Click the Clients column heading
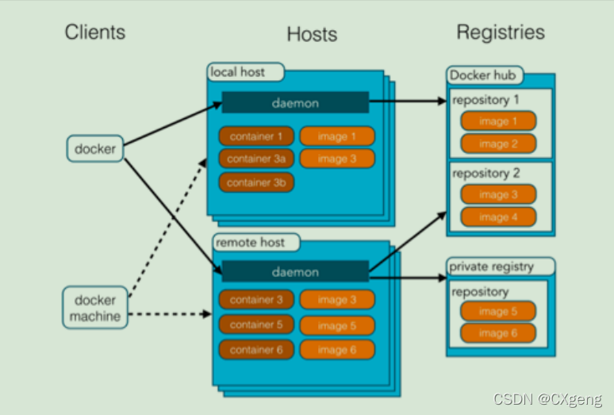(95, 32)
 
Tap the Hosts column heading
(312, 34)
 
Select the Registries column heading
(501, 32)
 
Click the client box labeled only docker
(95, 148)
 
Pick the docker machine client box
(95, 308)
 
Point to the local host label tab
(246, 72)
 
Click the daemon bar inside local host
(295, 102)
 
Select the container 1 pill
(256, 136)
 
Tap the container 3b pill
(256, 183)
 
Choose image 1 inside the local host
(337, 136)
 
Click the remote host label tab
(256, 242)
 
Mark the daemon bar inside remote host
(295, 271)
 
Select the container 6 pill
(256, 350)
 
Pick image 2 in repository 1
(498, 144)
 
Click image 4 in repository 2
(498, 217)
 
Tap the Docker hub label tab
(485, 75)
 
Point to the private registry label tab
(501, 267)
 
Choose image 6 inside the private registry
(498, 333)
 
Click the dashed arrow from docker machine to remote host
(170, 314)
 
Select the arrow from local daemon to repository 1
(408, 101)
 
